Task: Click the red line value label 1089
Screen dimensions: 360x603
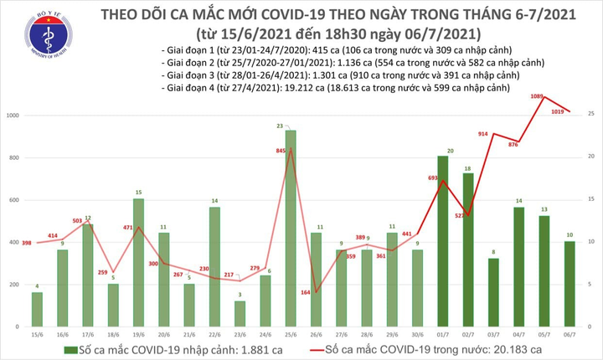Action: coord(540,97)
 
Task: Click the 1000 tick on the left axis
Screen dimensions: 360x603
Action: coord(14,114)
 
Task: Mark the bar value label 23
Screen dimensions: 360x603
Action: coord(290,125)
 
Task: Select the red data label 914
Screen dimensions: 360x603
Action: coord(483,134)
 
